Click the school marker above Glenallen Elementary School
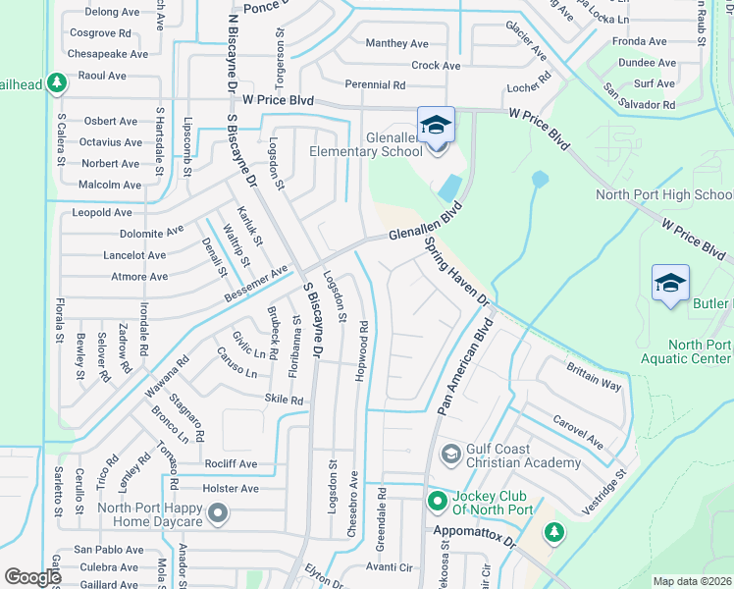tap(436, 125)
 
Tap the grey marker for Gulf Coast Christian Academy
tap(450, 454)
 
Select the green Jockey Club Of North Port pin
tap(438, 502)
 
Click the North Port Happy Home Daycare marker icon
tap(218, 511)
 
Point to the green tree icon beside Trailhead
tap(57, 83)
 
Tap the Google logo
tap(33, 577)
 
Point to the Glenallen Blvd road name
tap(424, 229)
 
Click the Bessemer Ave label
tap(256, 282)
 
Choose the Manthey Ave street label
tap(396, 43)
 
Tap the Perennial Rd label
tap(374, 85)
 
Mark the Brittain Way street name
tap(594, 376)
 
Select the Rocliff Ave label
tap(231, 463)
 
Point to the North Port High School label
tap(664, 194)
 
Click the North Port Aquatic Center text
tap(700, 351)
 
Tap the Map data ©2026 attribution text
tap(692, 581)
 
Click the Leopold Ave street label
tap(102, 212)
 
